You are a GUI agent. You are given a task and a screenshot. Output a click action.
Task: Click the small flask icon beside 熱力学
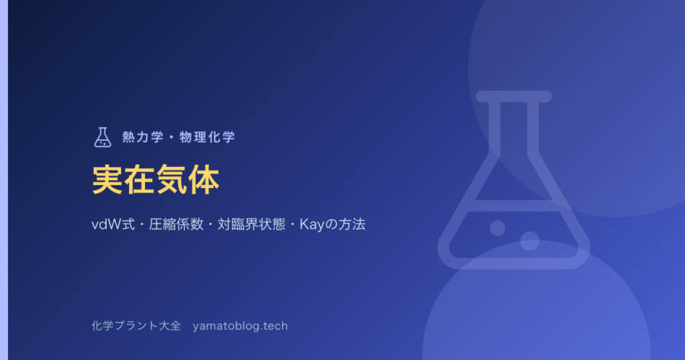coord(103,137)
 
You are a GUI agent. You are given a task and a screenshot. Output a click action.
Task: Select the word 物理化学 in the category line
coord(207,137)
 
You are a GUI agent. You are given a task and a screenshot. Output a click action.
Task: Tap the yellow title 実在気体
coord(155,179)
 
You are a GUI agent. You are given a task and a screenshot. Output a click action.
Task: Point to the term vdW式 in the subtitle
coord(113,224)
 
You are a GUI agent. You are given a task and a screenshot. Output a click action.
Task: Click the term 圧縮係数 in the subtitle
coord(176,224)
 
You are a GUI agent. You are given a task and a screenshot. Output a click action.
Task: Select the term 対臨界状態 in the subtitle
coord(251,224)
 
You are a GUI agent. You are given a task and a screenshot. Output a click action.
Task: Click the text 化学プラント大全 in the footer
coord(136,326)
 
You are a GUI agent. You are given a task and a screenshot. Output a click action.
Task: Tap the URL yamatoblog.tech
coord(240,326)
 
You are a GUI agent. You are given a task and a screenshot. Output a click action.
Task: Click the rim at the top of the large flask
coord(514,96)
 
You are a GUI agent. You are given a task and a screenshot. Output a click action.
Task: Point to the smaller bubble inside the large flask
coord(498,228)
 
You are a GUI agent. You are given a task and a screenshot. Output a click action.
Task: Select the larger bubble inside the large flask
coord(530,241)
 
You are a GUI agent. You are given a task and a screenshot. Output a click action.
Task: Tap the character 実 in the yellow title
coord(107,179)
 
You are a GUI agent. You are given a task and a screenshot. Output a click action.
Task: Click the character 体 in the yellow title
coord(204,179)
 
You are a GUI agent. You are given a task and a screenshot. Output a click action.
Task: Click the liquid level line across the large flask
coord(514,206)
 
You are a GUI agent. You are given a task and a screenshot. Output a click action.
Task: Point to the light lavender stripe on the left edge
coord(4,180)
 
